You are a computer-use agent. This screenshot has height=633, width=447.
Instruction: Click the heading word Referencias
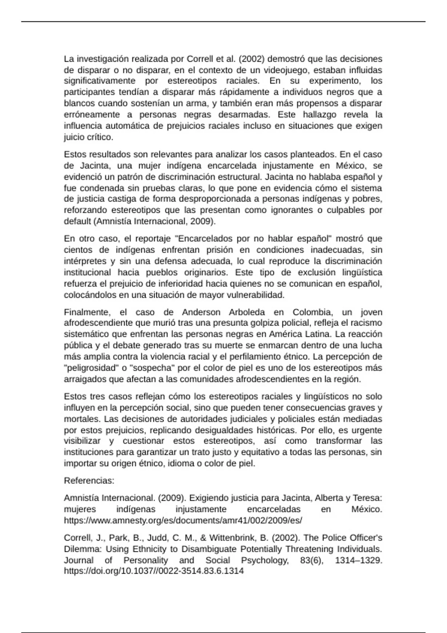pyautogui.click(x=89, y=481)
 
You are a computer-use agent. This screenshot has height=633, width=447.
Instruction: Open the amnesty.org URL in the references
pyautogui.click(x=183, y=520)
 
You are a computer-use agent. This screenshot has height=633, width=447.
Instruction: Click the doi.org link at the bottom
pyautogui.click(x=153, y=571)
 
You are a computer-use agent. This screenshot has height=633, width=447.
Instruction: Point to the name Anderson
pyautogui.click(x=201, y=312)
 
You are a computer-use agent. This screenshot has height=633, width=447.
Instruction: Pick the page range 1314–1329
pyautogui.click(x=358, y=560)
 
